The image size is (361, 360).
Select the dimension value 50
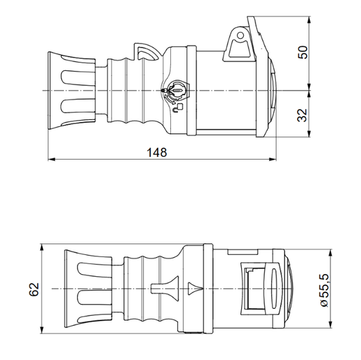coord(302,52)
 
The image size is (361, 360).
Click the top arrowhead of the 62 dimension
coord(44,246)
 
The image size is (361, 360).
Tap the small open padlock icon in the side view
coord(179,106)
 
